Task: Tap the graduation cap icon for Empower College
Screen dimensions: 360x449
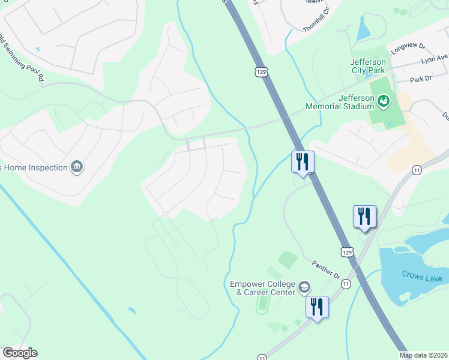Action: tap(305, 287)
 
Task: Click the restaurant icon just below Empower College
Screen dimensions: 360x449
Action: tap(316, 307)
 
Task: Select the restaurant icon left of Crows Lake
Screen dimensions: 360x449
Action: tap(364, 216)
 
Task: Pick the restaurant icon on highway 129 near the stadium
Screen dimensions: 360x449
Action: tap(303, 161)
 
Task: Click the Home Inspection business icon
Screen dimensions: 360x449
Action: tap(76, 166)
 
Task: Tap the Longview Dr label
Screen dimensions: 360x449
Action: tap(407, 48)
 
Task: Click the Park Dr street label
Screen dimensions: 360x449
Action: tap(420, 79)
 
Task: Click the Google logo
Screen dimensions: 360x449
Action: tap(20, 353)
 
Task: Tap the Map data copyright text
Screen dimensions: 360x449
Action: tap(424, 355)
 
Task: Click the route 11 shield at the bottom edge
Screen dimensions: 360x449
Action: tap(262, 357)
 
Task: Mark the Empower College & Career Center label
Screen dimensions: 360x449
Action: tap(262, 288)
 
